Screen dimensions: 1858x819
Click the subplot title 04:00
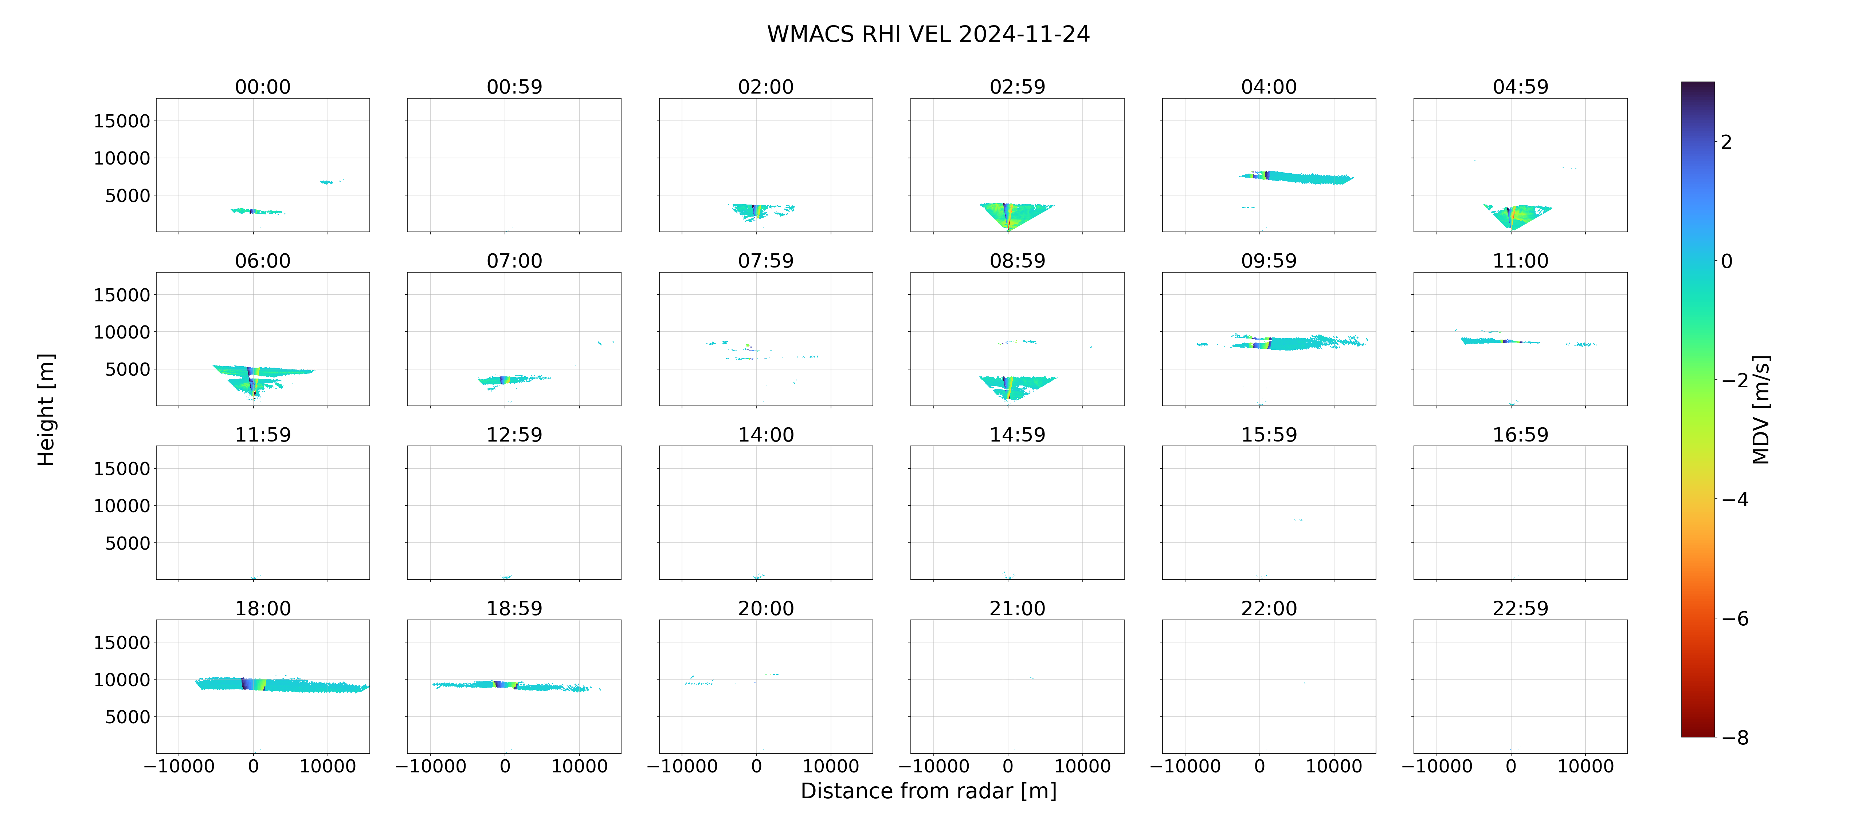click(1269, 87)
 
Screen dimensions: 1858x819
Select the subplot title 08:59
click(1017, 261)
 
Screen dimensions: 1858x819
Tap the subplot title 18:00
click(263, 609)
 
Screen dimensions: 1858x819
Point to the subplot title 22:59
click(1520, 609)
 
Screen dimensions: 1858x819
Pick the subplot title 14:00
click(766, 435)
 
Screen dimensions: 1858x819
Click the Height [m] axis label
click(46, 409)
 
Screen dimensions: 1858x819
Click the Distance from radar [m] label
click(928, 791)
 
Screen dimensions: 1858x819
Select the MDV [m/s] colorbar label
click(1761, 409)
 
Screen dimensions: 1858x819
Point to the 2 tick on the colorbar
click(1726, 142)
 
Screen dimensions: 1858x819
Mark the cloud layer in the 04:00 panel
click(1296, 177)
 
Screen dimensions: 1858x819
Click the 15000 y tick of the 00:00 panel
click(122, 121)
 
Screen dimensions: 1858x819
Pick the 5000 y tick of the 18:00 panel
click(128, 717)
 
